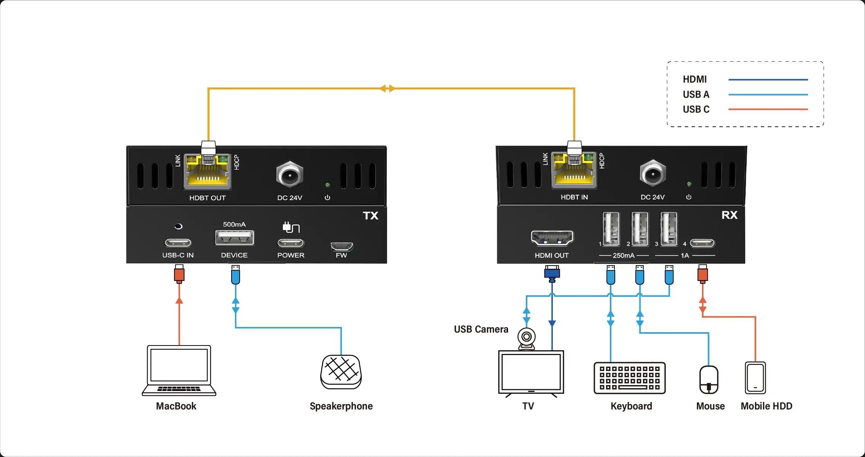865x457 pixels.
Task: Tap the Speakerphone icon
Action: [x=341, y=372]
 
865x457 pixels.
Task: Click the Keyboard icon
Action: [x=630, y=378]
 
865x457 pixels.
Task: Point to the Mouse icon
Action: [x=709, y=380]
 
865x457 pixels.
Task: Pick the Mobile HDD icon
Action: [x=755, y=378]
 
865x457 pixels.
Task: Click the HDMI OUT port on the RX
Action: [x=552, y=238]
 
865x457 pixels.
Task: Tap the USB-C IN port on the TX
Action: [x=178, y=243]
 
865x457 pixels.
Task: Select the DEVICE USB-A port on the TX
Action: [x=235, y=238]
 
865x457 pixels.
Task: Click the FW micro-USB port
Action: [x=341, y=247]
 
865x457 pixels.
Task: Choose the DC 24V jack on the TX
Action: [x=290, y=175]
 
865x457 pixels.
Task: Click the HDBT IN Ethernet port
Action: [x=574, y=171]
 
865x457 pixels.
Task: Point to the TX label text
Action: [x=370, y=216]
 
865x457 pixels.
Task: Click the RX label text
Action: [x=729, y=215]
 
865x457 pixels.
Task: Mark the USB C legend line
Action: [x=768, y=109]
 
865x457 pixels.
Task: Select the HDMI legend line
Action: [x=768, y=80]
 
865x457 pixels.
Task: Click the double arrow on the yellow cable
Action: [x=387, y=89]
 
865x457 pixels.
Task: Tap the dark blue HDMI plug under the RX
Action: [x=552, y=273]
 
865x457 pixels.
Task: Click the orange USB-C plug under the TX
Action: [x=179, y=274]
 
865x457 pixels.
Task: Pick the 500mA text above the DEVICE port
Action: [x=234, y=225]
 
